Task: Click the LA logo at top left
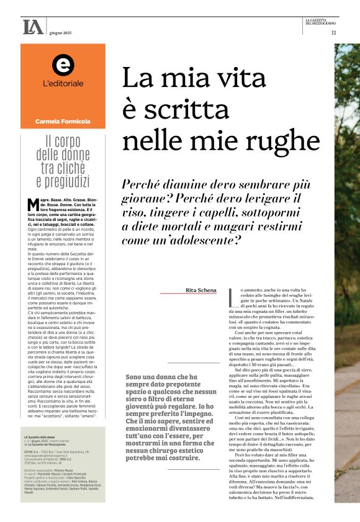[32, 27]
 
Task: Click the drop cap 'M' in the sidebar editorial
[33, 204]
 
